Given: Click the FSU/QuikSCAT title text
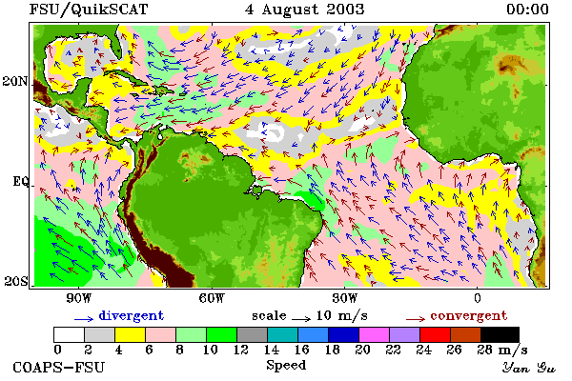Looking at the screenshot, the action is pyautogui.click(x=89, y=10).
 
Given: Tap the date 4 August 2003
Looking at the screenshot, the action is pyautogui.click(x=305, y=10).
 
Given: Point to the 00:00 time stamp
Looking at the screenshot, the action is pyautogui.click(x=527, y=10).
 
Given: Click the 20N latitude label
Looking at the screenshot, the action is pyautogui.click(x=15, y=81).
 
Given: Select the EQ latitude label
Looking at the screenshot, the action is pyautogui.click(x=20, y=181).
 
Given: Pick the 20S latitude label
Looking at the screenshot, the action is pyautogui.click(x=15, y=281).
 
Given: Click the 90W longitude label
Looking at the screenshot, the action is pyautogui.click(x=78, y=298).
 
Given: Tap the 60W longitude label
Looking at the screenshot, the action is pyautogui.click(x=212, y=298).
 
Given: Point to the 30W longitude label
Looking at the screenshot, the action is pyautogui.click(x=345, y=298).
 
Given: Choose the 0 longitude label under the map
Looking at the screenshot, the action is pyautogui.click(x=478, y=298).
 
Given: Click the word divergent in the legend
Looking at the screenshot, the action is pyautogui.click(x=132, y=316).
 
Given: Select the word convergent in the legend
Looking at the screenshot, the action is pyautogui.click(x=469, y=315).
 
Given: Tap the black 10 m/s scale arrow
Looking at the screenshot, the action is pyautogui.click(x=301, y=320).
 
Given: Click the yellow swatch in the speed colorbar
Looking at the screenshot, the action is pyautogui.click(x=131, y=334).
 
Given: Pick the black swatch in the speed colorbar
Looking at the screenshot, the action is pyautogui.click(x=500, y=334).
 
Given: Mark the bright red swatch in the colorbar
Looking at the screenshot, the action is pyautogui.click(x=435, y=334).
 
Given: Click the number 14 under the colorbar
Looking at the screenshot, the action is pyautogui.click(x=272, y=350).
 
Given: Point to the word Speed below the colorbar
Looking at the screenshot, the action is pyautogui.click(x=286, y=366).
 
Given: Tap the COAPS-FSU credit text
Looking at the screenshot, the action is pyautogui.click(x=59, y=367).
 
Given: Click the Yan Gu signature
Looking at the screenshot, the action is pyautogui.click(x=528, y=368).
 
